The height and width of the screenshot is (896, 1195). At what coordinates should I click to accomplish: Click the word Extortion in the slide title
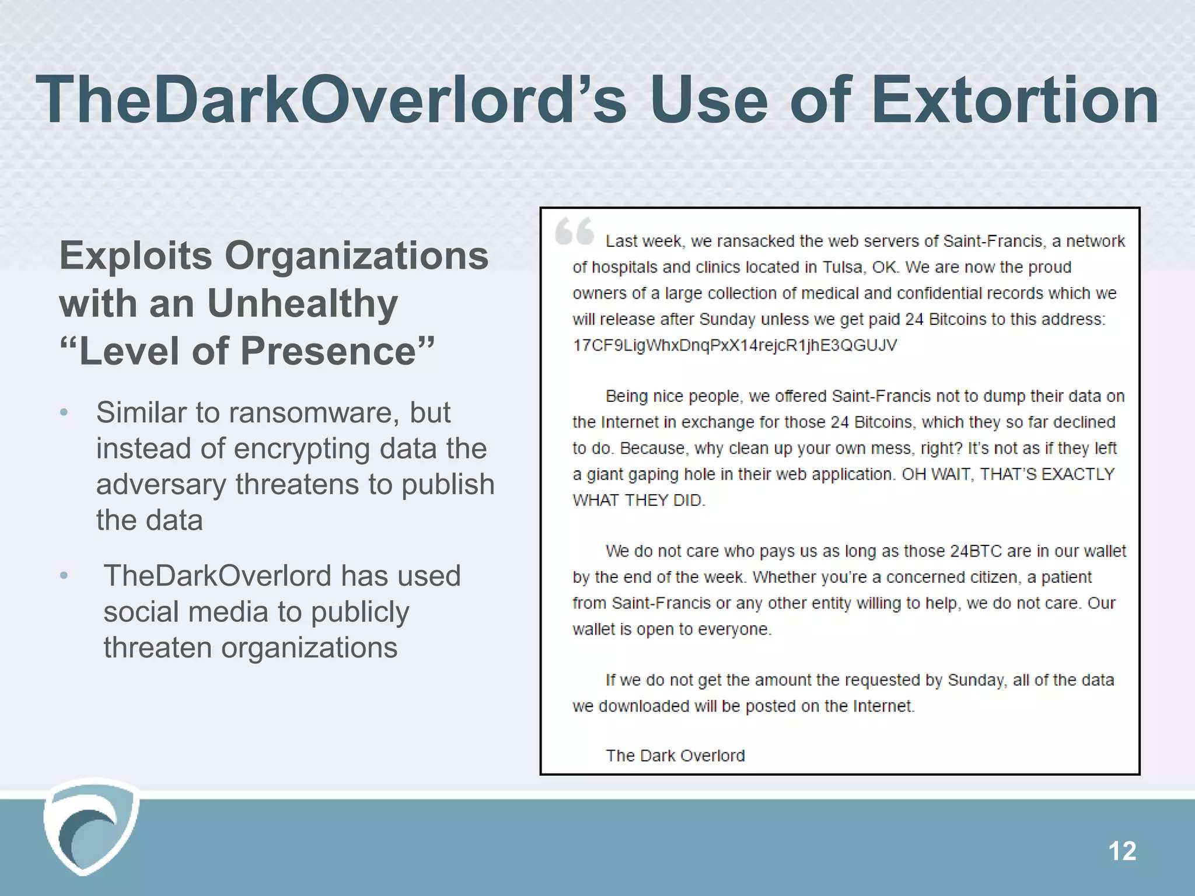[1014, 100]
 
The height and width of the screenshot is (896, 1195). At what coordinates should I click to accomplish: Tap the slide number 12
[1122, 851]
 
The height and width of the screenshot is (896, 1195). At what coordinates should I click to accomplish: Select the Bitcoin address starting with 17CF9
[735, 345]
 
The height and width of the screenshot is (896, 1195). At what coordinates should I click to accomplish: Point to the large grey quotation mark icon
[574, 232]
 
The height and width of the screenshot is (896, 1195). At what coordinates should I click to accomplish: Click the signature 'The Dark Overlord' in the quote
[675, 755]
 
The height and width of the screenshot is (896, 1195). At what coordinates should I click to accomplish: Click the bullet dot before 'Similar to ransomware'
[64, 413]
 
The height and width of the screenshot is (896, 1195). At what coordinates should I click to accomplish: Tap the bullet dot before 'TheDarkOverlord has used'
[64, 576]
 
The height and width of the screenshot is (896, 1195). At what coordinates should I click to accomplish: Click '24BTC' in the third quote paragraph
[976, 551]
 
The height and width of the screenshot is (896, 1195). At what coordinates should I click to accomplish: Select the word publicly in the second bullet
[359, 612]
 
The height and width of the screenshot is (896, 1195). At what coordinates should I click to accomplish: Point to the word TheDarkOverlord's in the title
[330, 100]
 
